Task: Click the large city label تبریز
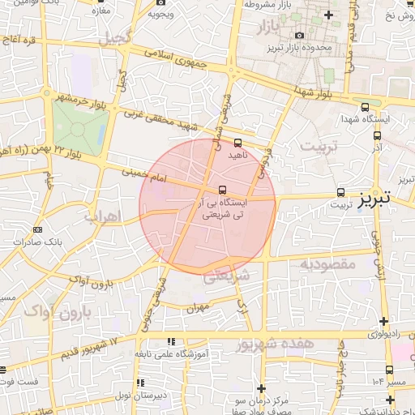[374, 197]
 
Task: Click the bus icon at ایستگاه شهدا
[365, 106]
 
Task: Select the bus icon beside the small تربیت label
[340, 193]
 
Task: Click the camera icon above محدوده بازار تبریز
[301, 35]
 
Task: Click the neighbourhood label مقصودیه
[329, 263]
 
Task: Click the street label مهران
[198, 307]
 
